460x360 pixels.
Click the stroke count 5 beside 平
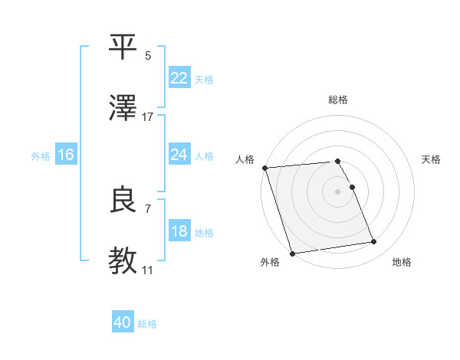[148, 56]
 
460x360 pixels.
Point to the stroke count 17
[148, 116]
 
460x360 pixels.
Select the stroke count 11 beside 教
[148, 270]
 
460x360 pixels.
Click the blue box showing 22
[179, 78]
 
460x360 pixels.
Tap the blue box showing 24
[179, 155]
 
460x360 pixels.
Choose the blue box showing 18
[179, 231]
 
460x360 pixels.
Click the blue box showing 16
[66, 155]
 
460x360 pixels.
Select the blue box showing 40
[123, 323]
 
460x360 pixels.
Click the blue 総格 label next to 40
[148, 324]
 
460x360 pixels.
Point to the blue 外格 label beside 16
[41, 155]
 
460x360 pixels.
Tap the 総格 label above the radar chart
[338, 100]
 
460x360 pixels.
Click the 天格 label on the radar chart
[432, 159]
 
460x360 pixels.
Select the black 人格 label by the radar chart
[245, 159]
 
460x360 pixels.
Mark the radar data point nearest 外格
[292, 253]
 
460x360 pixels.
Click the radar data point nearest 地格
[374, 242]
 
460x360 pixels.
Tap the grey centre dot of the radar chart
[338, 191]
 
